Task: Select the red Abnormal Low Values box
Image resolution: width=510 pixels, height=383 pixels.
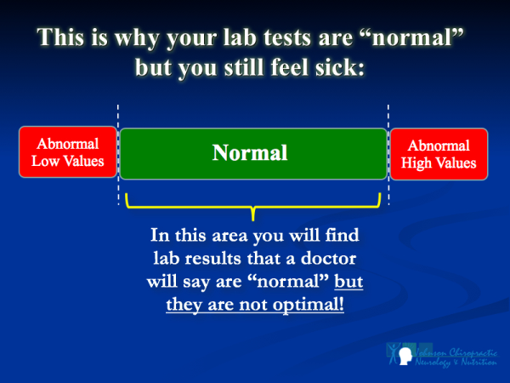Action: click(67, 153)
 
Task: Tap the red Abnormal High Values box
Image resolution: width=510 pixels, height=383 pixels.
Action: click(439, 153)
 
